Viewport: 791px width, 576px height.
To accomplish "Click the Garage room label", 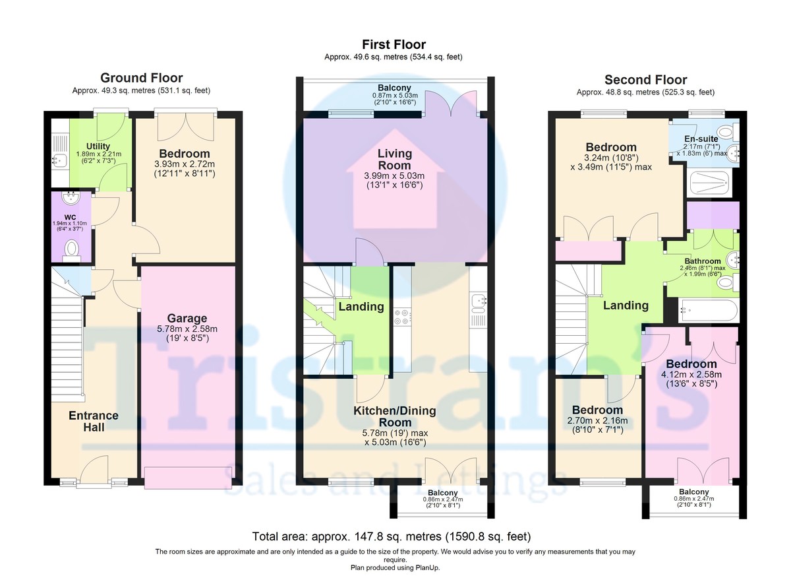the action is [x=187, y=319].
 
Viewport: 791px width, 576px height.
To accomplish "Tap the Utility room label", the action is [x=98, y=146].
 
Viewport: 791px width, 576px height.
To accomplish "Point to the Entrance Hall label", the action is [x=94, y=421].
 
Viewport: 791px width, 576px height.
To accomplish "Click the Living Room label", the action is [x=394, y=160].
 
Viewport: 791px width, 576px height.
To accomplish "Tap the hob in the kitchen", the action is [x=402, y=317].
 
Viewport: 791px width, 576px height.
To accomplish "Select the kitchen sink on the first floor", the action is [x=479, y=304].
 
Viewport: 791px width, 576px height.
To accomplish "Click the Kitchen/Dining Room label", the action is [x=395, y=416].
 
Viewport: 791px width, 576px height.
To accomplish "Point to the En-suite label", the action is [x=701, y=139].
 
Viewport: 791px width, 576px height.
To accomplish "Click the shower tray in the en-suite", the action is [x=710, y=183].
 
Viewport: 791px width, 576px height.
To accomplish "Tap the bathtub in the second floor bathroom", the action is [x=709, y=311].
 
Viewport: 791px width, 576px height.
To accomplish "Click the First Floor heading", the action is [x=394, y=44].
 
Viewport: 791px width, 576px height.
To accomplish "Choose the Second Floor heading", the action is [x=645, y=80].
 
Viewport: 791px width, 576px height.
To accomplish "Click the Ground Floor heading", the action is [x=141, y=78].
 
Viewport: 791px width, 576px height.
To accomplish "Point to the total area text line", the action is [x=392, y=536].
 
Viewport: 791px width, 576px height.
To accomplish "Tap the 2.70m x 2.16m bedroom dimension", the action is [x=597, y=420].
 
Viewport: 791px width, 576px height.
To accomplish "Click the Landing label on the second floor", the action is [x=626, y=305].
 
